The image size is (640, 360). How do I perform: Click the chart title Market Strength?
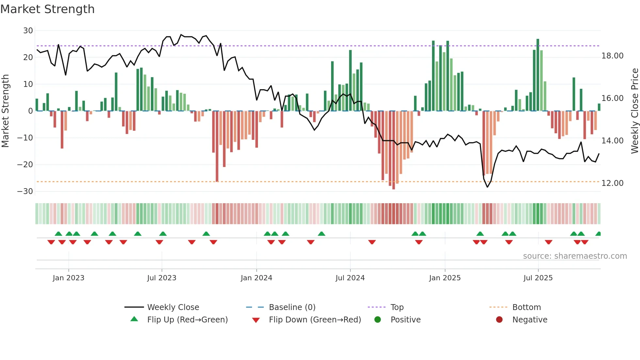click(x=47, y=9)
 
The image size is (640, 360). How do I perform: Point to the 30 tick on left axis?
click(x=28, y=31)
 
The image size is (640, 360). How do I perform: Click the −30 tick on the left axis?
click(x=25, y=191)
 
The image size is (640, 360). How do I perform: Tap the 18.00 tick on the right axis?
click(x=612, y=56)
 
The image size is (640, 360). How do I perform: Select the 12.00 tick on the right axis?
click(x=612, y=183)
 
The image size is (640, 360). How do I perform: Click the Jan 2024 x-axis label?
click(x=256, y=278)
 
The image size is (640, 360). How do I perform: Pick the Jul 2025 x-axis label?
click(x=538, y=278)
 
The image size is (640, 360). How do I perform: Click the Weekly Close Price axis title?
click(x=634, y=111)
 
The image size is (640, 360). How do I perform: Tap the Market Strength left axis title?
click(x=5, y=111)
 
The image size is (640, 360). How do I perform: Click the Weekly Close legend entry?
click(x=173, y=307)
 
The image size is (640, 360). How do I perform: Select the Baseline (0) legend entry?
click(x=292, y=307)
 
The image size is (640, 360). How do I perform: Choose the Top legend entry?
click(x=397, y=307)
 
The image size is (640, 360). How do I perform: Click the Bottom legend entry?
click(x=526, y=307)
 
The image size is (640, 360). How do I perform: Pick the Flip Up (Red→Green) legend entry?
click(x=187, y=320)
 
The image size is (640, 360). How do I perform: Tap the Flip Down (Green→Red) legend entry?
click(x=315, y=320)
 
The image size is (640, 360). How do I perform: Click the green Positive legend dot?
click(x=377, y=319)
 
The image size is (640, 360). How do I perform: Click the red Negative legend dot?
click(x=499, y=319)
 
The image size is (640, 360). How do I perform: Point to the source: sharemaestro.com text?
click(x=575, y=256)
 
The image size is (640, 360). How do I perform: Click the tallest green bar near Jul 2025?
click(x=537, y=75)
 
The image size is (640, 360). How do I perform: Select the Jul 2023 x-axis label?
click(x=162, y=278)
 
